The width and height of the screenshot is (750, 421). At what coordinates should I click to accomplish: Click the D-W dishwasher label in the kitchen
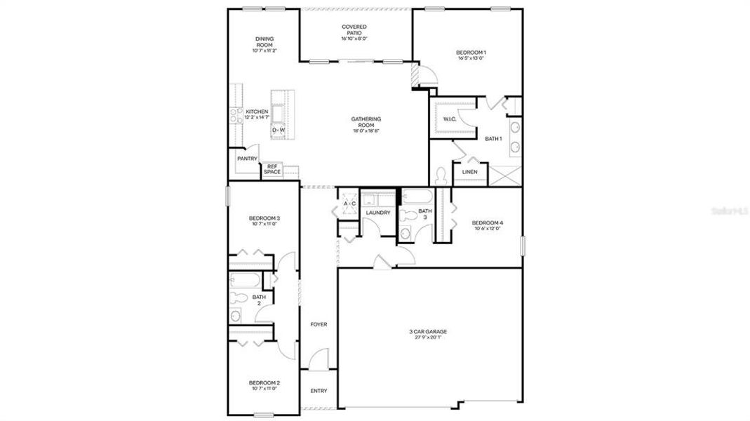point(279,131)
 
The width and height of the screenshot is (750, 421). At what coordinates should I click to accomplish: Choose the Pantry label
point(247,159)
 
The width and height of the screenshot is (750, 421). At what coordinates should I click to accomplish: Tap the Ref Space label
point(272,169)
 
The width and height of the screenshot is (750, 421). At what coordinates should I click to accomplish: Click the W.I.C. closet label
point(450,119)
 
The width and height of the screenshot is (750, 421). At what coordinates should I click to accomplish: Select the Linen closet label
point(469,172)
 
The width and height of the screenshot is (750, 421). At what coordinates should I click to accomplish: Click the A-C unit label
point(349,204)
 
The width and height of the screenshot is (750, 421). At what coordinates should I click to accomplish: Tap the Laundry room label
point(378,213)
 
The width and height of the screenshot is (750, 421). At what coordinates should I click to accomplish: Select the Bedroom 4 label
point(488,223)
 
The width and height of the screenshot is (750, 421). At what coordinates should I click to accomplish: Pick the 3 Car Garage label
point(428,332)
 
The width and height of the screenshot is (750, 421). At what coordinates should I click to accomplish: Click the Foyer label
point(319,324)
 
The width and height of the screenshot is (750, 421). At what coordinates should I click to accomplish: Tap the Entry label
point(319,391)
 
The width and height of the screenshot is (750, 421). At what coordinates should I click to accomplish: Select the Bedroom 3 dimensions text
point(264,225)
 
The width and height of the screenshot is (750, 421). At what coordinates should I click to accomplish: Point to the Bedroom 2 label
point(264,383)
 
